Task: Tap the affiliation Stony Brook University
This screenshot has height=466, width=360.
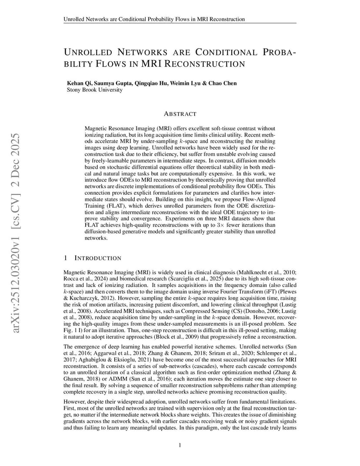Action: (x=94, y=90)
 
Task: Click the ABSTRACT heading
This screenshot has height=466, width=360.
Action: (x=180, y=114)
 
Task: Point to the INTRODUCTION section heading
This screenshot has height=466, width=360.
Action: (x=98, y=258)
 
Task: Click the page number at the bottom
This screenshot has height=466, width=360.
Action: (x=180, y=445)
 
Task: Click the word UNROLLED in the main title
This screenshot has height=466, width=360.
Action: (x=88, y=53)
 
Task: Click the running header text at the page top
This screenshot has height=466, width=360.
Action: (x=154, y=19)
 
